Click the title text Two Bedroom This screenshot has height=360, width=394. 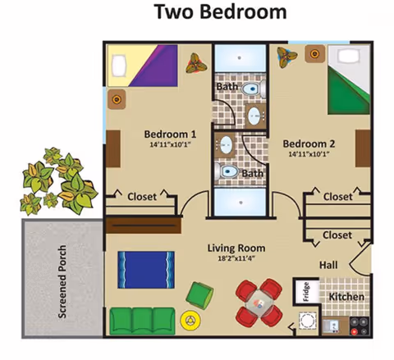(x=222, y=13)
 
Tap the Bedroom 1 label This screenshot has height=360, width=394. (x=170, y=134)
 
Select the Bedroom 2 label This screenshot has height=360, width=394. (x=309, y=142)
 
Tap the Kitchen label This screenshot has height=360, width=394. (x=346, y=296)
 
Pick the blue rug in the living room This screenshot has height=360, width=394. (x=146, y=271)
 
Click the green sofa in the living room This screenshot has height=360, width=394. (x=144, y=318)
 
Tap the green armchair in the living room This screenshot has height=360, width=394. (x=200, y=294)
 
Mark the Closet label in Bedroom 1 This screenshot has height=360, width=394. (x=142, y=197)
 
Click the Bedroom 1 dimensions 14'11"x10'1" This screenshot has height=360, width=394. (x=170, y=146)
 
